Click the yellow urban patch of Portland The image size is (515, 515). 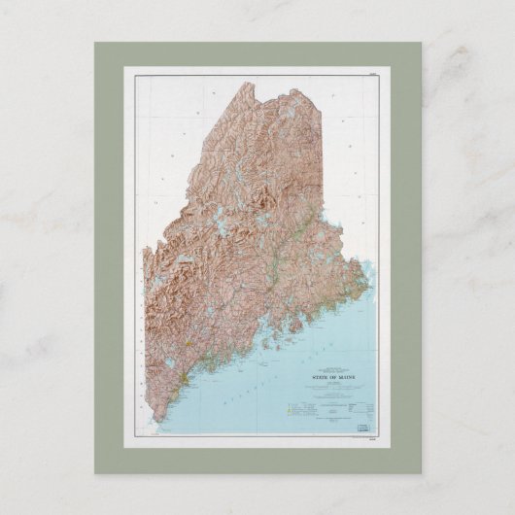click(181, 376)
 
